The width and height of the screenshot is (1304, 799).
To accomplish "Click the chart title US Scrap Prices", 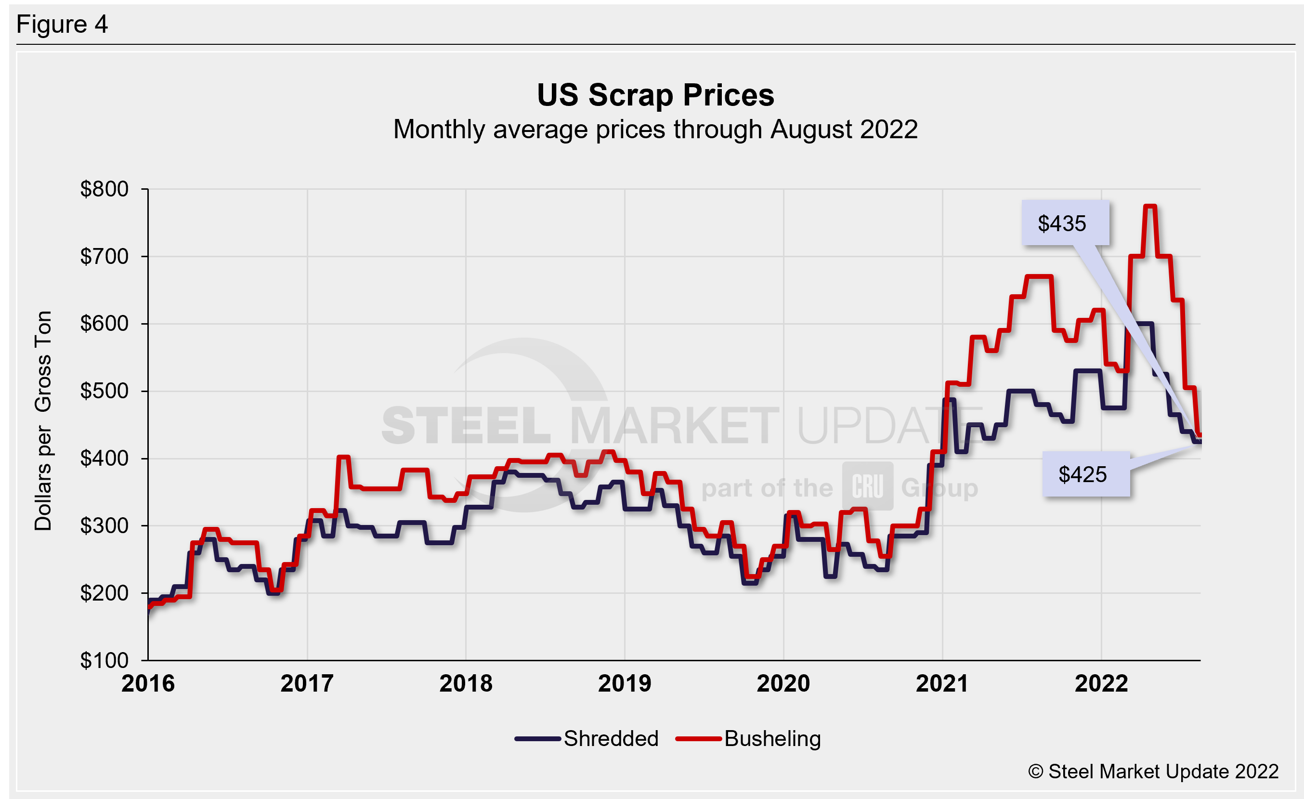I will (x=655, y=95).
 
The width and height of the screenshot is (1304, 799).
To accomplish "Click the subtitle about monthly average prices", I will (x=655, y=130).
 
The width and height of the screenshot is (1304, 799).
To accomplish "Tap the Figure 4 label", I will (x=62, y=25).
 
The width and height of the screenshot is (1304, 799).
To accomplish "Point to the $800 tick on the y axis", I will (x=104, y=189).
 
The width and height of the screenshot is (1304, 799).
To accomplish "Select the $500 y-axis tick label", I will (x=104, y=391).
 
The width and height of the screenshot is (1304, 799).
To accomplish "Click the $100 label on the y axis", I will (x=104, y=660).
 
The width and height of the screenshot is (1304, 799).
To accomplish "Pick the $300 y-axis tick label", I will (x=104, y=526).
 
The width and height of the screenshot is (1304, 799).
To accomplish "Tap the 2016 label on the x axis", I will (x=148, y=683).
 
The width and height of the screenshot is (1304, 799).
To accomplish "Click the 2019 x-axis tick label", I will (x=625, y=683).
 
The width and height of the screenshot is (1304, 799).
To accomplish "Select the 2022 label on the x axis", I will (x=1101, y=683).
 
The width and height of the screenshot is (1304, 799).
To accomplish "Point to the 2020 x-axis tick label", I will (x=783, y=683).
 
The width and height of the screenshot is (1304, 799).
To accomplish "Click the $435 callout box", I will (x=1065, y=223).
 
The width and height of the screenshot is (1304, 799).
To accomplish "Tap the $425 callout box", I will (x=1085, y=474).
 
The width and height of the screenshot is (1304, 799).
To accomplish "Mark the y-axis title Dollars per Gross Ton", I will (x=43, y=420).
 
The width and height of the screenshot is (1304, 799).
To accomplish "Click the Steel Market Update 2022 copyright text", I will (x=1153, y=772).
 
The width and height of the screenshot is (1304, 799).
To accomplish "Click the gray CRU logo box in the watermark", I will (x=867, y=486).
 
